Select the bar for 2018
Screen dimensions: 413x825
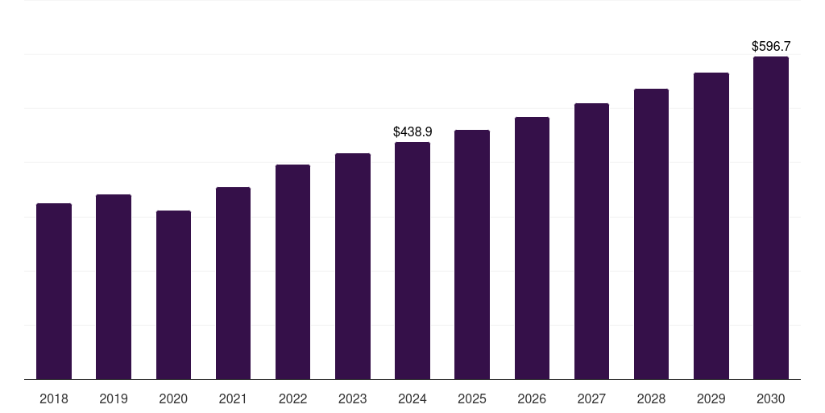pyautogui.click(x=54, y=291)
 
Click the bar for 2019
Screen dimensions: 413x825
pyautogui.click(x=114, y=286)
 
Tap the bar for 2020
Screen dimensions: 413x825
pyautogui.click(x=173, y=294)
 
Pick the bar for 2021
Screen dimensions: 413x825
pyautogui.click(x=233, y=283)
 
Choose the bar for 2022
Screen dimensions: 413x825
pyautogui.click(x=292, y=272)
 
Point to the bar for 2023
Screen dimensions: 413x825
pyautogui.click(x=353, y=266)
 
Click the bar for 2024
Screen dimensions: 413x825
pyautogui.click(x=412, y=261)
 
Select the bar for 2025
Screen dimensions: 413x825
pyautogui.click(x=472, y=254)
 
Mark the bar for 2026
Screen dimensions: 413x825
pyautogui.click(x=532, y=248)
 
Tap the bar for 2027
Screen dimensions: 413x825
pyautogui.click(x=591, y=241)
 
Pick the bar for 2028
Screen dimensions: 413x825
pyautogui.click(x=651, y=234)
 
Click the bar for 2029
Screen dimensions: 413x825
pyautogui.click(x=711, y=226)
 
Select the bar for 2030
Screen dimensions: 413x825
pyautogui.click(x=771, y=218)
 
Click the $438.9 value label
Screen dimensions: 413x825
pyautogui.click(x=412, y=131)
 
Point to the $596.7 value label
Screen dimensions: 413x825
pyautogui.click(x=771, y=46)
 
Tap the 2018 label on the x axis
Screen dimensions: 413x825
pyautogui.click(x=54, y=398)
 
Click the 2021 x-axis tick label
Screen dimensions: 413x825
pyautogui.click(x=233, y=398)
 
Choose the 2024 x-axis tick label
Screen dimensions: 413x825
pyautogui.click(x=412, y=398)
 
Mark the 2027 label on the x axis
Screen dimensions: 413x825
pyautogui.click(x=591, y=398)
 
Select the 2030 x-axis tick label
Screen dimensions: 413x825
pyautogui.click(x=771, y=398)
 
